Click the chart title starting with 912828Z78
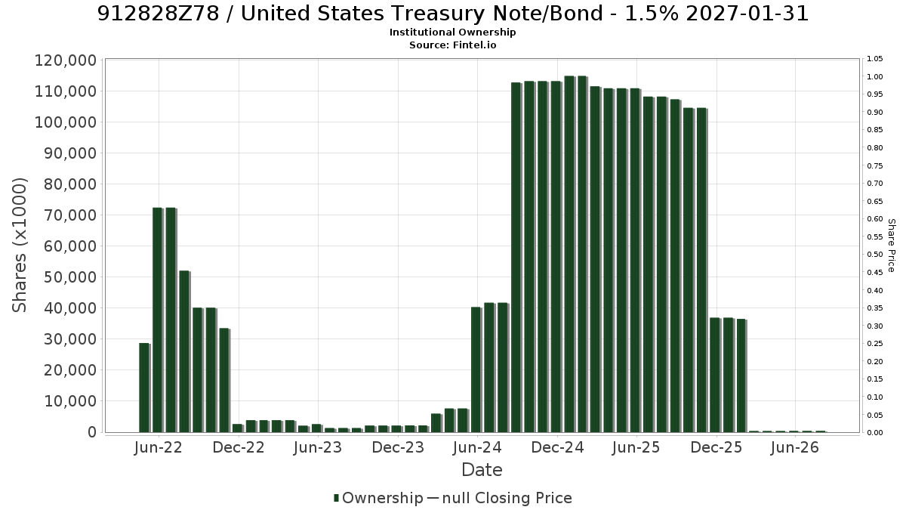[452, 14]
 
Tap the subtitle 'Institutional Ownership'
[452, 32]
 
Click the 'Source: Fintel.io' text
[452, 45]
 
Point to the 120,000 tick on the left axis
[66, 60]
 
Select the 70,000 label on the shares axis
[70, 215]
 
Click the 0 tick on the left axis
[93, 432]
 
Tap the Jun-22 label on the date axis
[158, 447]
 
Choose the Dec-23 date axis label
[398, 447]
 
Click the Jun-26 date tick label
[795, 447]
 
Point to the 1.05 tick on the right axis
[875, 59]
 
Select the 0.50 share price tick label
[875, 255]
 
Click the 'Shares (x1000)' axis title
[19, 246]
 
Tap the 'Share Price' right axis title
[891, 246]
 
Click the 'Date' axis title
[482, 470]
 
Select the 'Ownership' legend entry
[378, 498]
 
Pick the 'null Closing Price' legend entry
[500, 498]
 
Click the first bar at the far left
[144, 388]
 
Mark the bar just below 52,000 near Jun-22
[184, 352]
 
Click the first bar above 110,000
[516, 258]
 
